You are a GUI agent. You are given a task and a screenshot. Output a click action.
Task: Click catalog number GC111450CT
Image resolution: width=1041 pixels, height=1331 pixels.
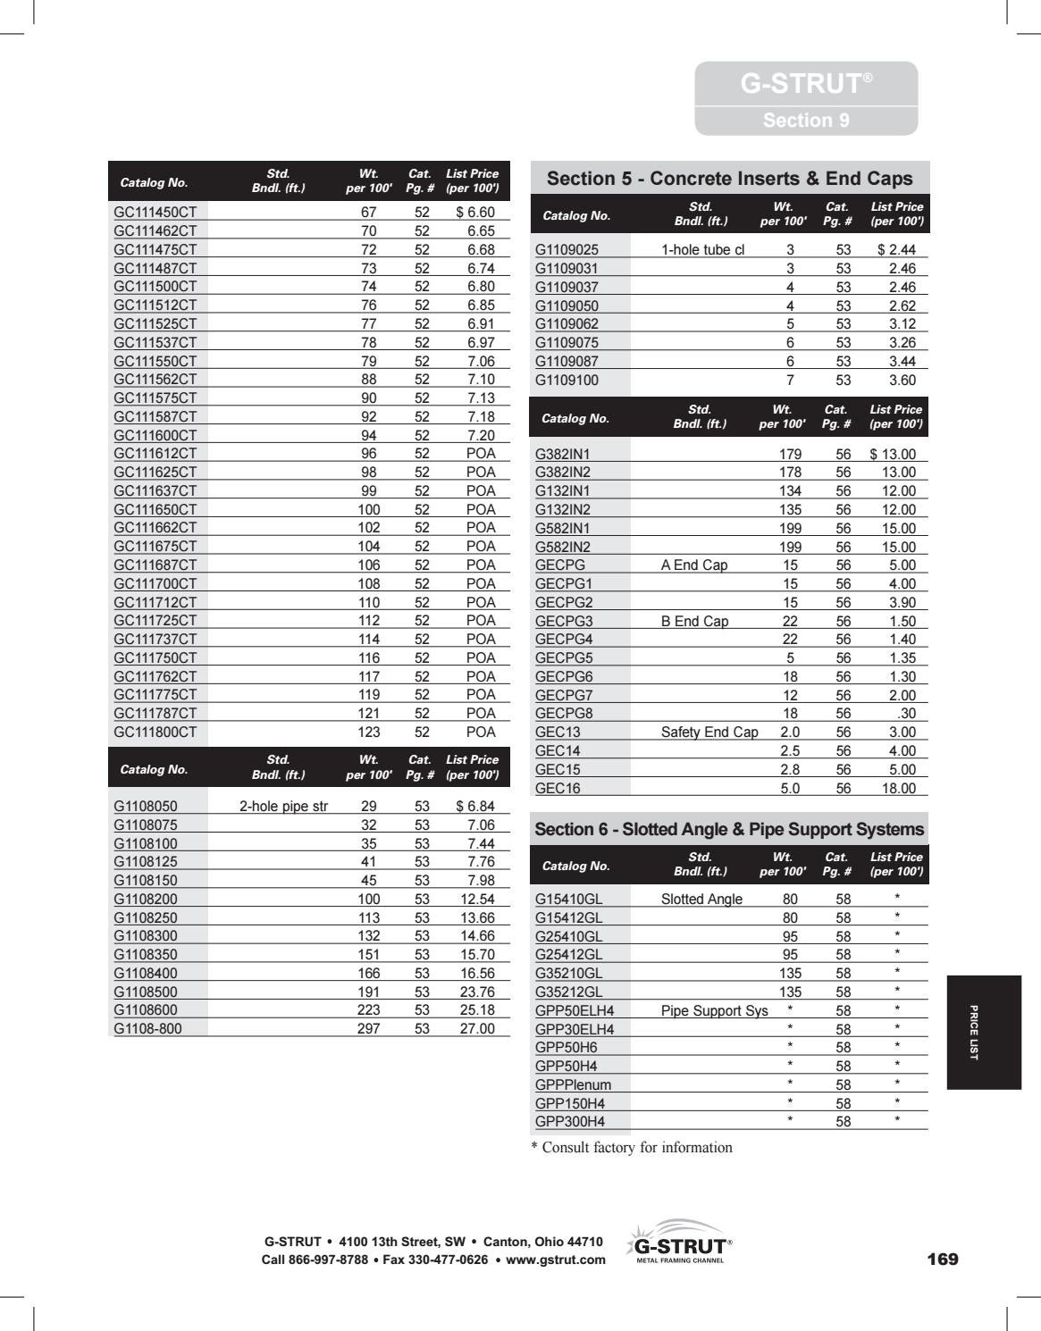(155, 213)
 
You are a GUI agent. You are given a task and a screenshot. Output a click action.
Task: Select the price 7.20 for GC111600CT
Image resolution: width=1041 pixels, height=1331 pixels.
(480, 435)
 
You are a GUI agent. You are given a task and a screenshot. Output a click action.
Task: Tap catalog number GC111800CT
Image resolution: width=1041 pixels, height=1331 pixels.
(155, 732)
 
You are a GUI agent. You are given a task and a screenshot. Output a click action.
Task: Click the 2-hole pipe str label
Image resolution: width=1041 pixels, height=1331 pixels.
(283, 806)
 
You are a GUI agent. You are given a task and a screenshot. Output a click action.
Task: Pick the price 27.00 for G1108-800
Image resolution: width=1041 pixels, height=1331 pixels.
(476, 1028)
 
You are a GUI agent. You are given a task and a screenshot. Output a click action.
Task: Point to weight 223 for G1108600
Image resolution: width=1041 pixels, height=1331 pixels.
(368, 1009)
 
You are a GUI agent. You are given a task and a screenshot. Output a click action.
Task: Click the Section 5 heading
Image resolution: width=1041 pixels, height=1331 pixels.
(729, 179)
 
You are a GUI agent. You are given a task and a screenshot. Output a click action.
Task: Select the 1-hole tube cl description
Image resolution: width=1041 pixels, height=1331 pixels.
(702, 250)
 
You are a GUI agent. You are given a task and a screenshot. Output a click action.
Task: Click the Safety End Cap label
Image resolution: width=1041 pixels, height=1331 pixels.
(709, 732)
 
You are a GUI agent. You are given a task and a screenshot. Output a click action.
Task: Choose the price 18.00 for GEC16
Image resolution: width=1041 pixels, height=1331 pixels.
(898, 788)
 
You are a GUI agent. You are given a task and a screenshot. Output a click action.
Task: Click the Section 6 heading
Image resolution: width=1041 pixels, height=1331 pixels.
(729, 829)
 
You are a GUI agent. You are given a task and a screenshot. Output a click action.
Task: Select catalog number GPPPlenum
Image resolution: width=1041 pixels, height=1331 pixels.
(573, 1084)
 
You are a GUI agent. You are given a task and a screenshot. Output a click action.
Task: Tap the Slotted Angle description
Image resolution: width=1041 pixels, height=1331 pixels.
(701, 899)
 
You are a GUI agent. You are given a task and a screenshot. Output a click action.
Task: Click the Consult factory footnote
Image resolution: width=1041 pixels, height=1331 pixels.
(632, 1147)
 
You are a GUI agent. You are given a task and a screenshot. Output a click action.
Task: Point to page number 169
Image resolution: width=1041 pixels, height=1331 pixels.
(942, 1259)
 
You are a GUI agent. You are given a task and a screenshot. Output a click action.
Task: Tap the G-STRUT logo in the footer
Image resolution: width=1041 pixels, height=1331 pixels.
(678, 1244)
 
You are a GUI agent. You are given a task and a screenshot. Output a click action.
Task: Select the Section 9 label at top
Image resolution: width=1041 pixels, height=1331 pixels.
(805, 121)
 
